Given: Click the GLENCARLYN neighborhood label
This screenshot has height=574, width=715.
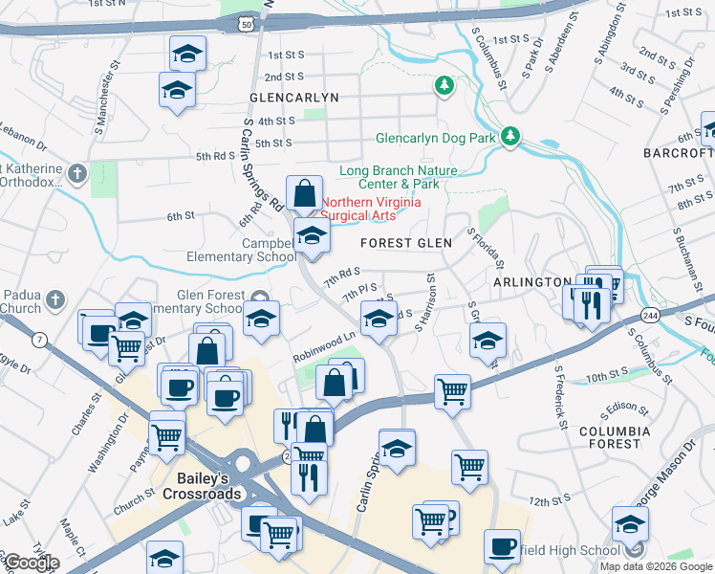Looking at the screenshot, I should pyautogui.click(x=293, y=98).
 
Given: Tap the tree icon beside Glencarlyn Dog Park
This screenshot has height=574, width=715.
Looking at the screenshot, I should pyautogui.click(x=511, y=137).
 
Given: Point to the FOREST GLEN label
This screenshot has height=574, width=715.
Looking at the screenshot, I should pyautogui.click(x=405, y=243).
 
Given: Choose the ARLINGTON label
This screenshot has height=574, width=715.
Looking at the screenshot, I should pyautogui.click(x=531, y=282).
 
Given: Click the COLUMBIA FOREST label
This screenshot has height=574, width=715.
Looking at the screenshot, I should pyautogui.click(x=609, y=437).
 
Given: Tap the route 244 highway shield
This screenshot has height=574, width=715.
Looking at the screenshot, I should pyautogui.click(x=649, y=315).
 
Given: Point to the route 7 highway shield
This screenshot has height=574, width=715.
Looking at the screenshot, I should pyautogui.click(x=39, y=339).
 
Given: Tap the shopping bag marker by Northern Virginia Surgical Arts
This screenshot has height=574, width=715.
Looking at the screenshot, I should pyautogui.click(x=303, y=194).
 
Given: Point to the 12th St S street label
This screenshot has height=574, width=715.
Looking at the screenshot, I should pyautogui.click(x=549, y=501).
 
